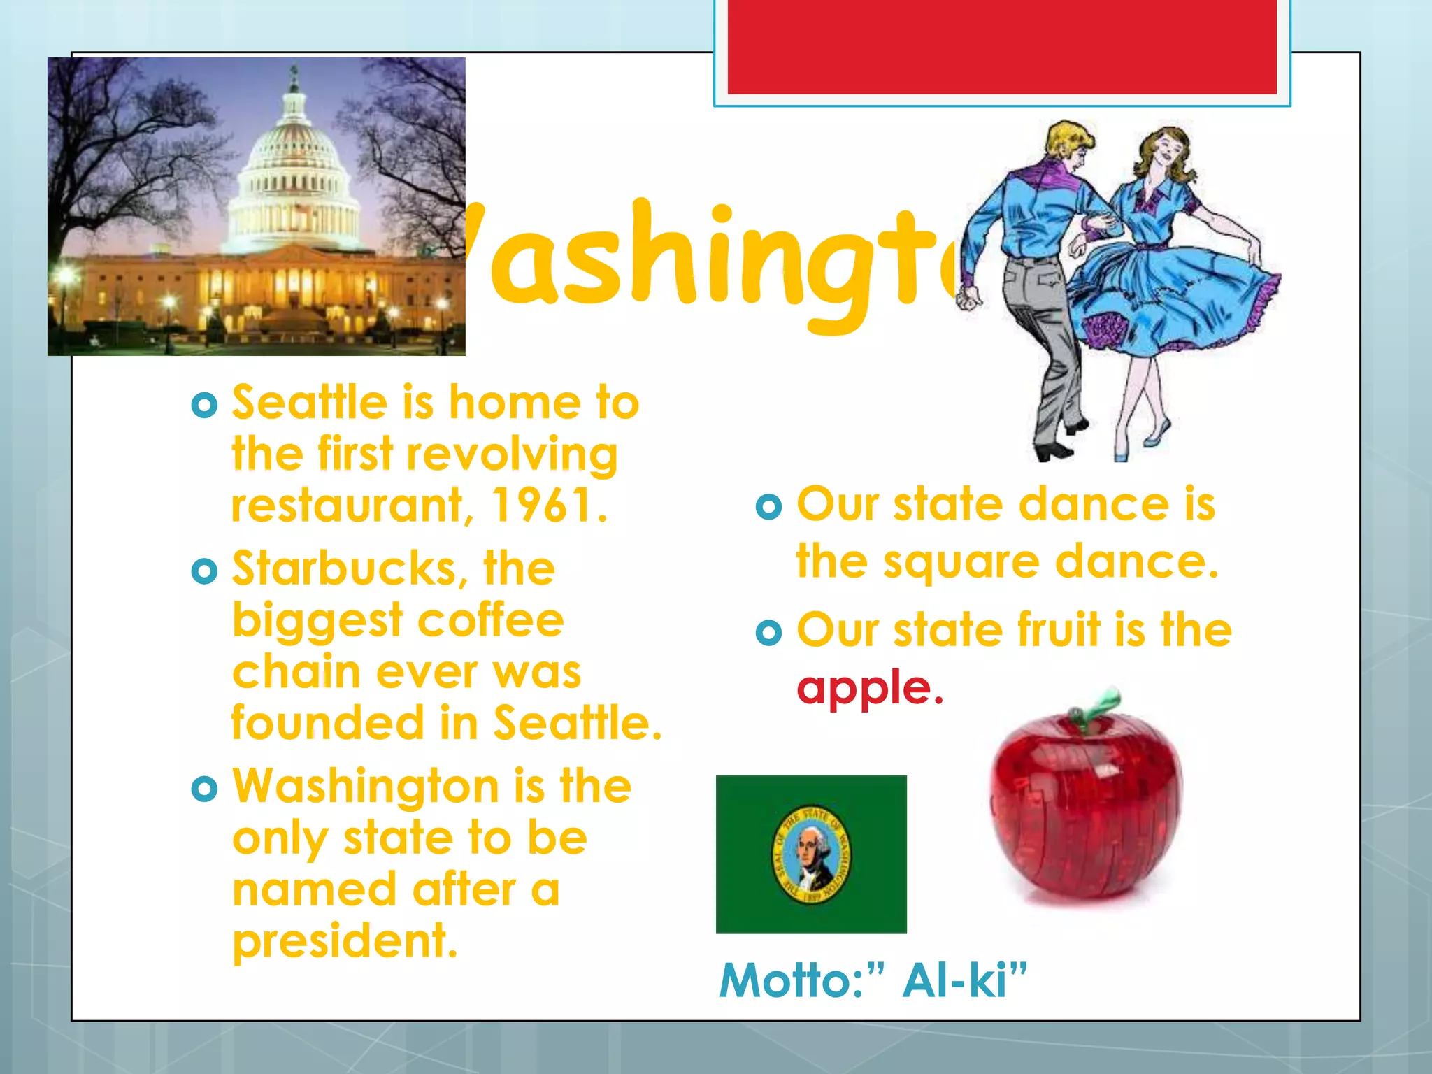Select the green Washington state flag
pyautogui.click(x=811, y=854)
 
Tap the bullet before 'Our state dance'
pyautogui.click(x=768, y=506)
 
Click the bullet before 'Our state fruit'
pyautogui.click(x=768, y=633)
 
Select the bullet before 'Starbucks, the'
pyautogui.click(x=204, y=571)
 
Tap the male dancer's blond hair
pyautogui.click(x=1066, y=136)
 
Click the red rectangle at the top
pyautogui.click(x=1001, y=46)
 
